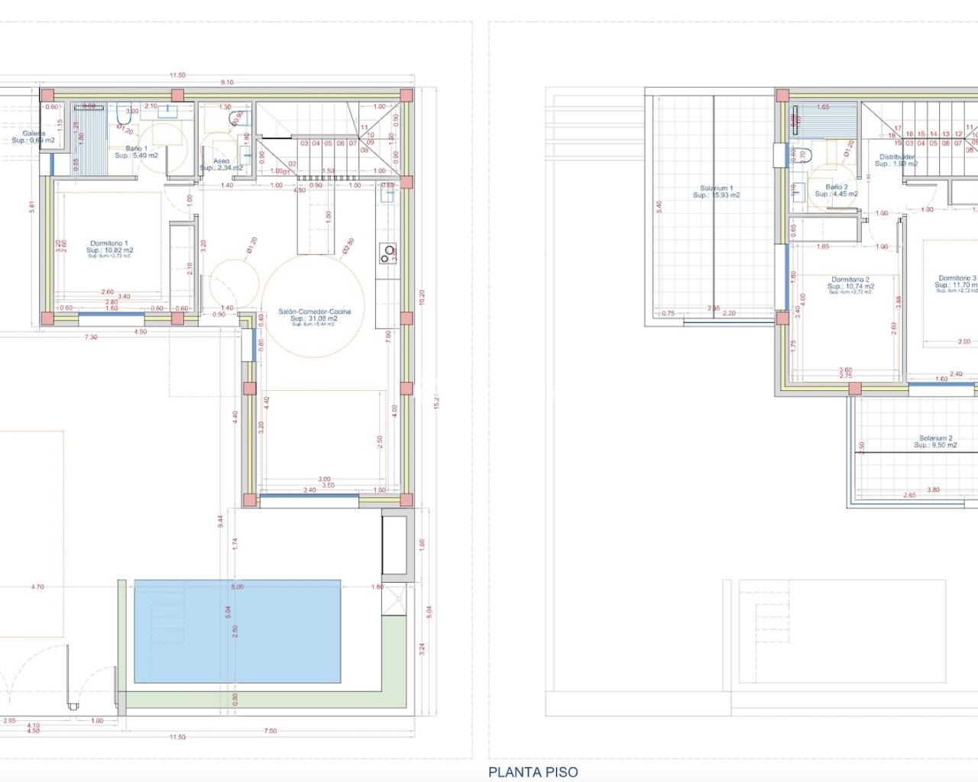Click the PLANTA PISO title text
point(533,772)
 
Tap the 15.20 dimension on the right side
point(436,401)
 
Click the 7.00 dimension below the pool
point(270,731)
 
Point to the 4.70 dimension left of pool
point(37,586)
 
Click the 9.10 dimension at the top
point(227,82)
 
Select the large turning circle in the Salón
point(313,305)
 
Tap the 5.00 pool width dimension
point(238,586)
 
